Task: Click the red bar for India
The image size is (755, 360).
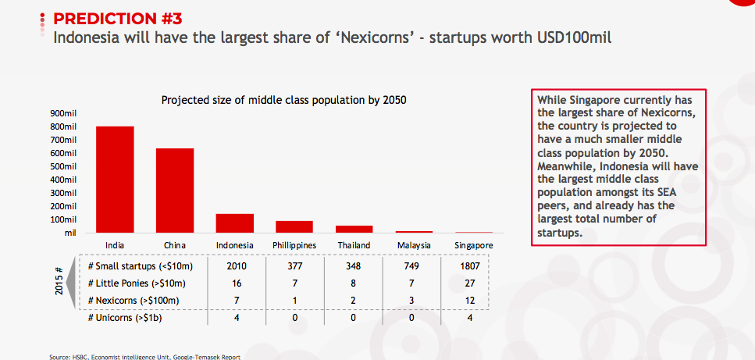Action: [115, 180]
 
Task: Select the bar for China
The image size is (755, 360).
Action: [174, 191]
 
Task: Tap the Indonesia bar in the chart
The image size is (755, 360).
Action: [234, 223]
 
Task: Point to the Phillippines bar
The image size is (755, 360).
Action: [294, 226]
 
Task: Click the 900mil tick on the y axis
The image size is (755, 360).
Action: [63, 113]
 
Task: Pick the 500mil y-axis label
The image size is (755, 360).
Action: [63, 166]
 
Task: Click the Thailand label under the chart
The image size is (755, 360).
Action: [354, 245]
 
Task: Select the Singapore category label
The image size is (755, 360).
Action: [474, 246]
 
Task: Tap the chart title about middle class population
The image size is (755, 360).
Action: [284, 100]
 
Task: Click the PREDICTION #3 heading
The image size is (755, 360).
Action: [117, 20]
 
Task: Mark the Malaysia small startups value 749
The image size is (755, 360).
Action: [411, 266]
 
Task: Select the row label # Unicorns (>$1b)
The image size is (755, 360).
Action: [125, 318]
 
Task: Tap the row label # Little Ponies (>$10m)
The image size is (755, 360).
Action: [137, 283]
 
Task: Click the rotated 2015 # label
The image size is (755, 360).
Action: [59, 280]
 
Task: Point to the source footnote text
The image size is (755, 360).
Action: [144, 357]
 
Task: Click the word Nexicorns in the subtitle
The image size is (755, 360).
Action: [375, 37]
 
